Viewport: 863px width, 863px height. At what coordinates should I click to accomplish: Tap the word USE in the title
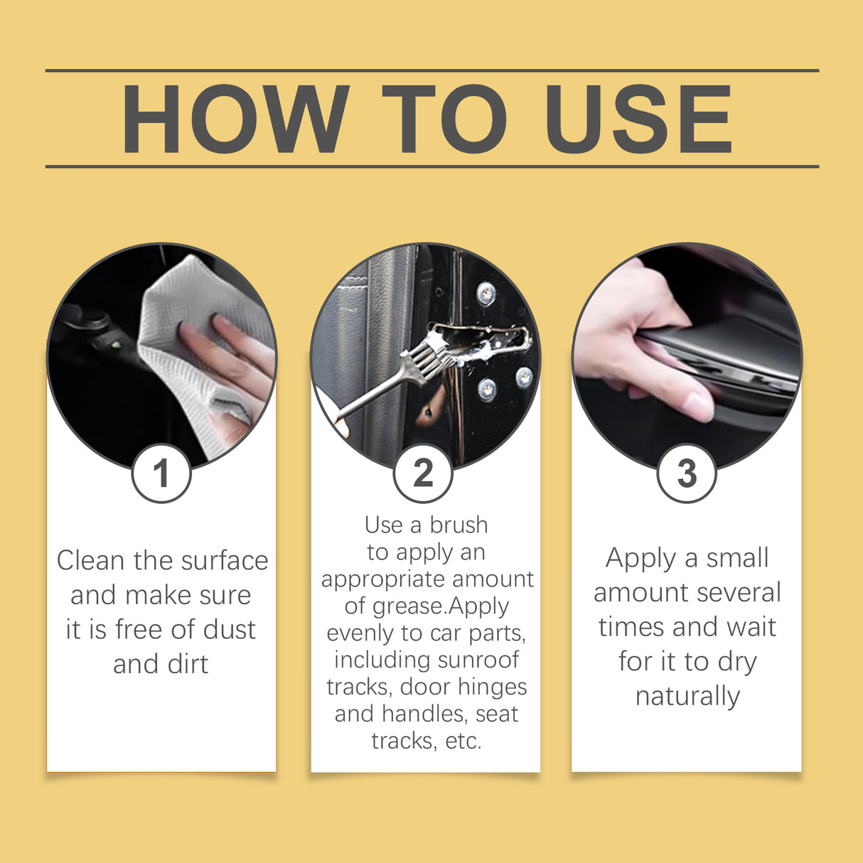coord(638,119)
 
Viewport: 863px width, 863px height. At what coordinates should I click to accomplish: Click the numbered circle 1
coord(161,473)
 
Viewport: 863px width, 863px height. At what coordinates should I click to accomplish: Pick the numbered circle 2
coord(424,473)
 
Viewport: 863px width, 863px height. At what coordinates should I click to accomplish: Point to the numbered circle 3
coord(686,473)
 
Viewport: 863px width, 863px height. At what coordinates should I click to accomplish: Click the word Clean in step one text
coord(91,561)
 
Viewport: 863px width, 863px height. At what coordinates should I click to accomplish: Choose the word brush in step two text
coord(459,525)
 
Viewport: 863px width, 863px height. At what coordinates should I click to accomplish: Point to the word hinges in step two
coord(493,687)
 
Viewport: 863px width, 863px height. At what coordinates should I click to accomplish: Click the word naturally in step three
coord(687,696)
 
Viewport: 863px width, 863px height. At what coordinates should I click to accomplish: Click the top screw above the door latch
coord(486,292)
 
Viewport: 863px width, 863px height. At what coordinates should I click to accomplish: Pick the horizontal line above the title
coord(431,70)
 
